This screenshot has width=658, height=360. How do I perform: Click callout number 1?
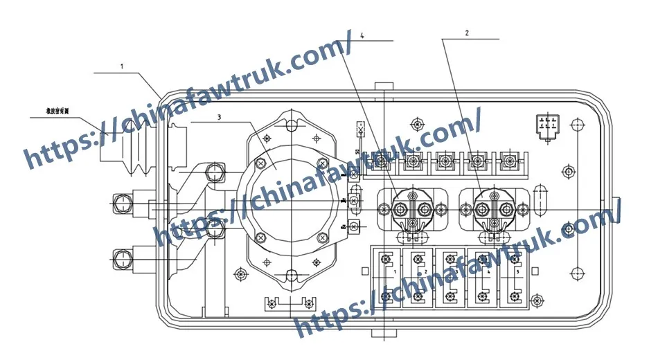pyautogui.click(x=122, y=66)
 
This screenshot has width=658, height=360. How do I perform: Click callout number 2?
pyautogui.click(x=467, y=33)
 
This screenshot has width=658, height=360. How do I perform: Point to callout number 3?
pyautogui.click(x=219, y=117)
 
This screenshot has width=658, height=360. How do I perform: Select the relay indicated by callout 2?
pyautogui.click(x=492, y=208)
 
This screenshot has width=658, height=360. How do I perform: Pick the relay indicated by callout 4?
pyautogui.click(x=410, y=208)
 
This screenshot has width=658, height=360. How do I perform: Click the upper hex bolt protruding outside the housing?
pyautogui.click(x=122, y=204)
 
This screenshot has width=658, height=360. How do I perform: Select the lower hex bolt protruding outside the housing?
pyautogui.click(x=122, y=260)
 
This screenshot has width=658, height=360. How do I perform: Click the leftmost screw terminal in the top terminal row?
pyautogui.click(x=381, y=162)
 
